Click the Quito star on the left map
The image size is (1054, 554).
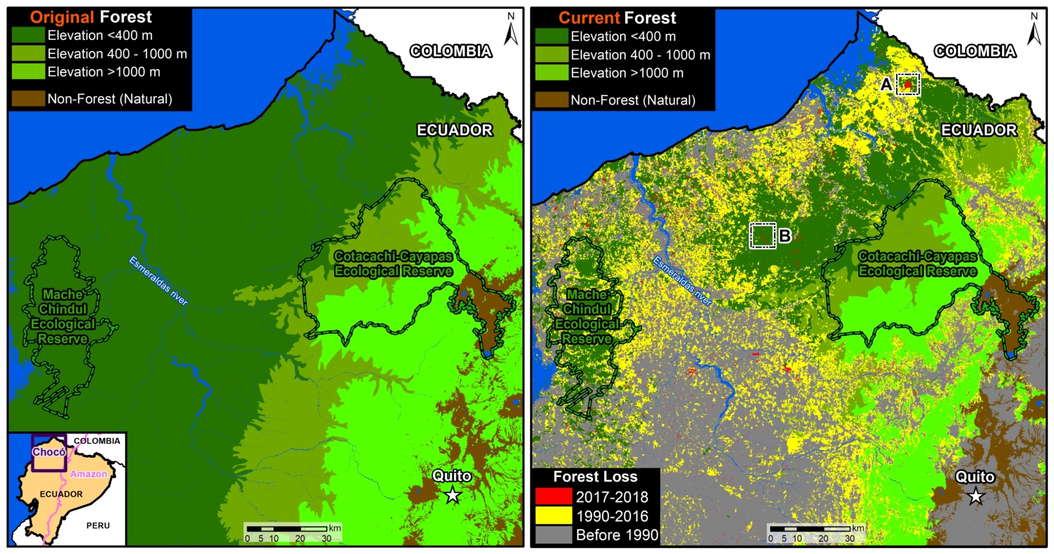[453, 495]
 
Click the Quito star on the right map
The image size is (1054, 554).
[976, 495]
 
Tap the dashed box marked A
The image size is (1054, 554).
[908, 84]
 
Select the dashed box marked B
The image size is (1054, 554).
[763, 235]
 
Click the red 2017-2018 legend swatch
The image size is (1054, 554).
[553, 497]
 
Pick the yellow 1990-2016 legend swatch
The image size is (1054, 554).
[553, 516]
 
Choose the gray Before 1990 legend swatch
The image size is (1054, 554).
[553, 535]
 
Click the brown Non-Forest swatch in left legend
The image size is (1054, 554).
[28, 99]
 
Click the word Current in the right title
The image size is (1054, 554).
[589, 18]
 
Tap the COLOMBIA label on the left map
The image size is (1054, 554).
[451, 51]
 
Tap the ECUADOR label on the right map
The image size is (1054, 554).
[978, 130]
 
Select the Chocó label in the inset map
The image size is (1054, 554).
[49, 452]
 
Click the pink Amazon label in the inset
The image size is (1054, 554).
[88, 474]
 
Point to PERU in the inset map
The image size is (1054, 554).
[97, 526]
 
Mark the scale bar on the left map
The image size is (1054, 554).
[287, 529]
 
